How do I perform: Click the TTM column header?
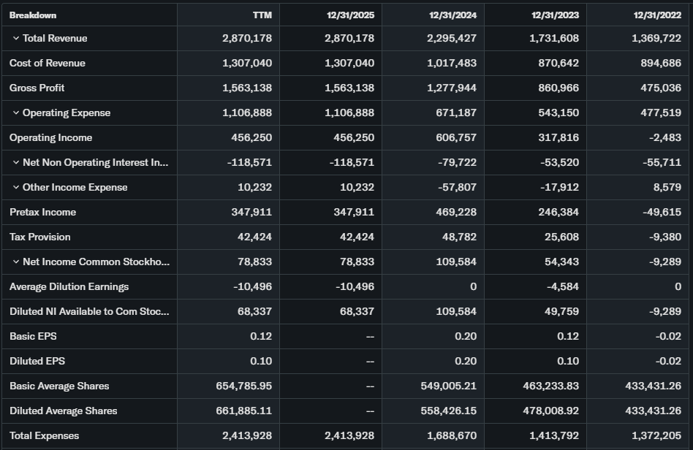tap(262, 15)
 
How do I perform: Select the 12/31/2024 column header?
tap(452, 15)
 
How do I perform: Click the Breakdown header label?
tap(33, 15)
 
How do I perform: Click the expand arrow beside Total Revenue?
tap(15, 39)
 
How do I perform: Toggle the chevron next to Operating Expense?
tap(15, 113)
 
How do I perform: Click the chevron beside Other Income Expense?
tap(15, 188)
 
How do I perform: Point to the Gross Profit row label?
tap(37, 88)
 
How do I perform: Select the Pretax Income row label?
tap(43, 212)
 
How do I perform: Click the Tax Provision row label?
tap(40, 237)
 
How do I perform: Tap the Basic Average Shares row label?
tap(59, 386)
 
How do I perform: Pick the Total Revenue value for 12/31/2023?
tap(554, 38)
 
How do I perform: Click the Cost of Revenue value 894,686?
tap(656, 63)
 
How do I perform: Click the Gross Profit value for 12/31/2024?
tap(452, 88)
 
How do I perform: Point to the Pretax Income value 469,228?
tap(452, 212)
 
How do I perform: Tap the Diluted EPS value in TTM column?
tap(260, 361)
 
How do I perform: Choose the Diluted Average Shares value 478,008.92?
tap(548, 411)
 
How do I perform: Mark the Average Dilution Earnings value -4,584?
tap(562, 286)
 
